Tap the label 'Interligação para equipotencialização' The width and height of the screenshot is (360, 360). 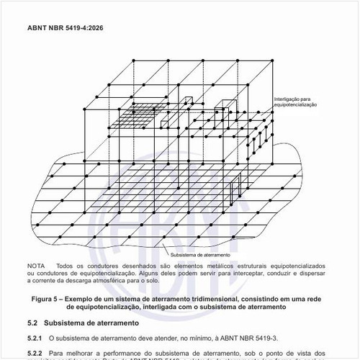[x=295, y=102]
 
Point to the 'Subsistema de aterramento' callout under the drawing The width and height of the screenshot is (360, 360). [x=200, y=254]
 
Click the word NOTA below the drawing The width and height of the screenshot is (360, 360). [x=35, y=266]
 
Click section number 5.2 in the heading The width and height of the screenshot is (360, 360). [x=32, y=323]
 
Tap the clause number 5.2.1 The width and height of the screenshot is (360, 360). [x=35, y=337]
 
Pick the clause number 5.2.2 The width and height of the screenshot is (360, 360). [x=35, y=353]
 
